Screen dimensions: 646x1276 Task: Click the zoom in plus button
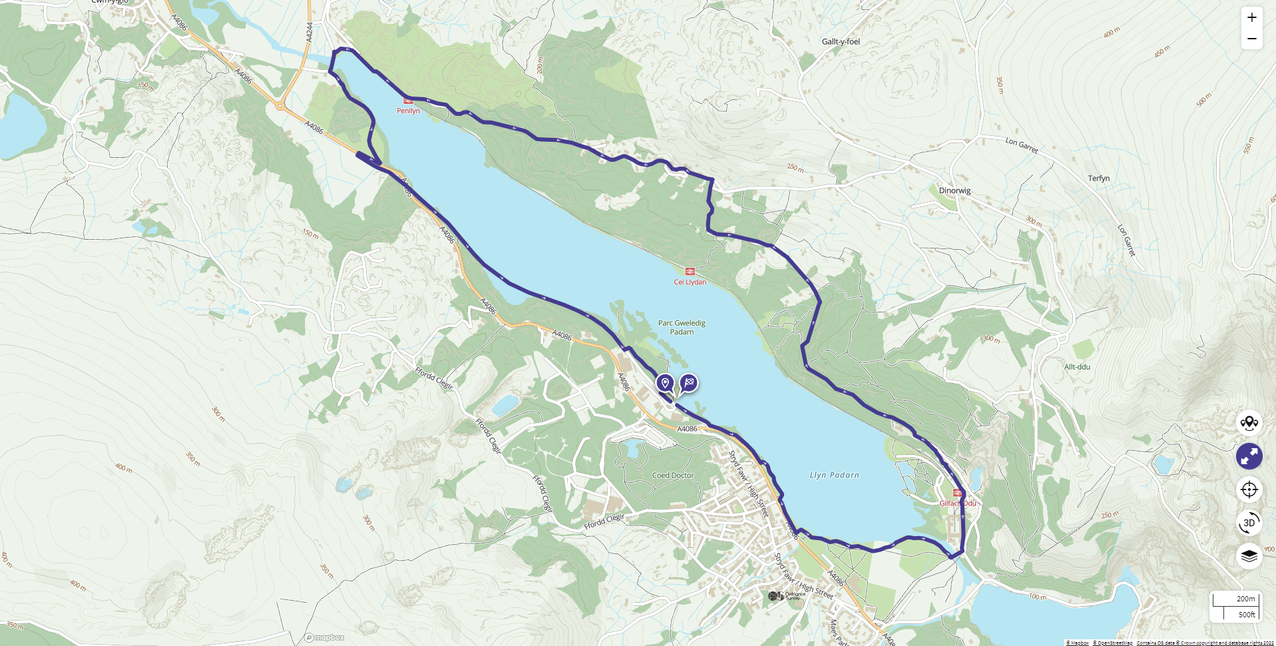pyautogui.click(x=1251, y=18)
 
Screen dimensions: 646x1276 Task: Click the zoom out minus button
pyautogui.click(x=1251, y=39)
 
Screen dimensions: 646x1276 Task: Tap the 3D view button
pyautogui.click(x=1249, y=523)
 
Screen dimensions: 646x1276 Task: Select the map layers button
pyautogui.click(x=1249, y=555)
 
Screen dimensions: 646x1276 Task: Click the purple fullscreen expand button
pyautogui.click(x=1249, y=456)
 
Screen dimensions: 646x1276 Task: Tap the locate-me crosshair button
pyautogui.click(x=1249, y=489)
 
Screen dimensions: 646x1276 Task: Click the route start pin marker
pyautogui.click(x=665, y=383)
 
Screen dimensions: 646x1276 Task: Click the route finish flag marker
pyautogui.click(x=689, y=383)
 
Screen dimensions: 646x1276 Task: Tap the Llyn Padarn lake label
pyautogui.click(x=834, y=475)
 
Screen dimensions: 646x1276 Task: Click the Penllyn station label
pyautogui.click(x=408, y=111)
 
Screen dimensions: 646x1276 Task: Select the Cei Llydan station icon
pyautogui.click(x=690, y=271)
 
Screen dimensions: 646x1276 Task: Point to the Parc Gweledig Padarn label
pyautogui.click(x=682, y=327)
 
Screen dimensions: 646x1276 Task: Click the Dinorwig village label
pyautogui.click(x=955, y=190)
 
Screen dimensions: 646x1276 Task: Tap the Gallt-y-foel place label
pyautogui.click(x=841, y=41)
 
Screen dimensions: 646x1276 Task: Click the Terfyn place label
pyautogui.click(x=1098, y=178)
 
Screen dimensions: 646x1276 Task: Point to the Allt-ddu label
pyautogui.click(x=1077, y=367)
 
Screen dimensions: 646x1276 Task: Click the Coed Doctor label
pyautogui.click(x=673, y=476)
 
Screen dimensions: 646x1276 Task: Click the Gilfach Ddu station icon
pyautogui.click(x=957, y=493)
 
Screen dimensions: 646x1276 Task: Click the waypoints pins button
pyautogui.click(x=1249, y=423)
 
